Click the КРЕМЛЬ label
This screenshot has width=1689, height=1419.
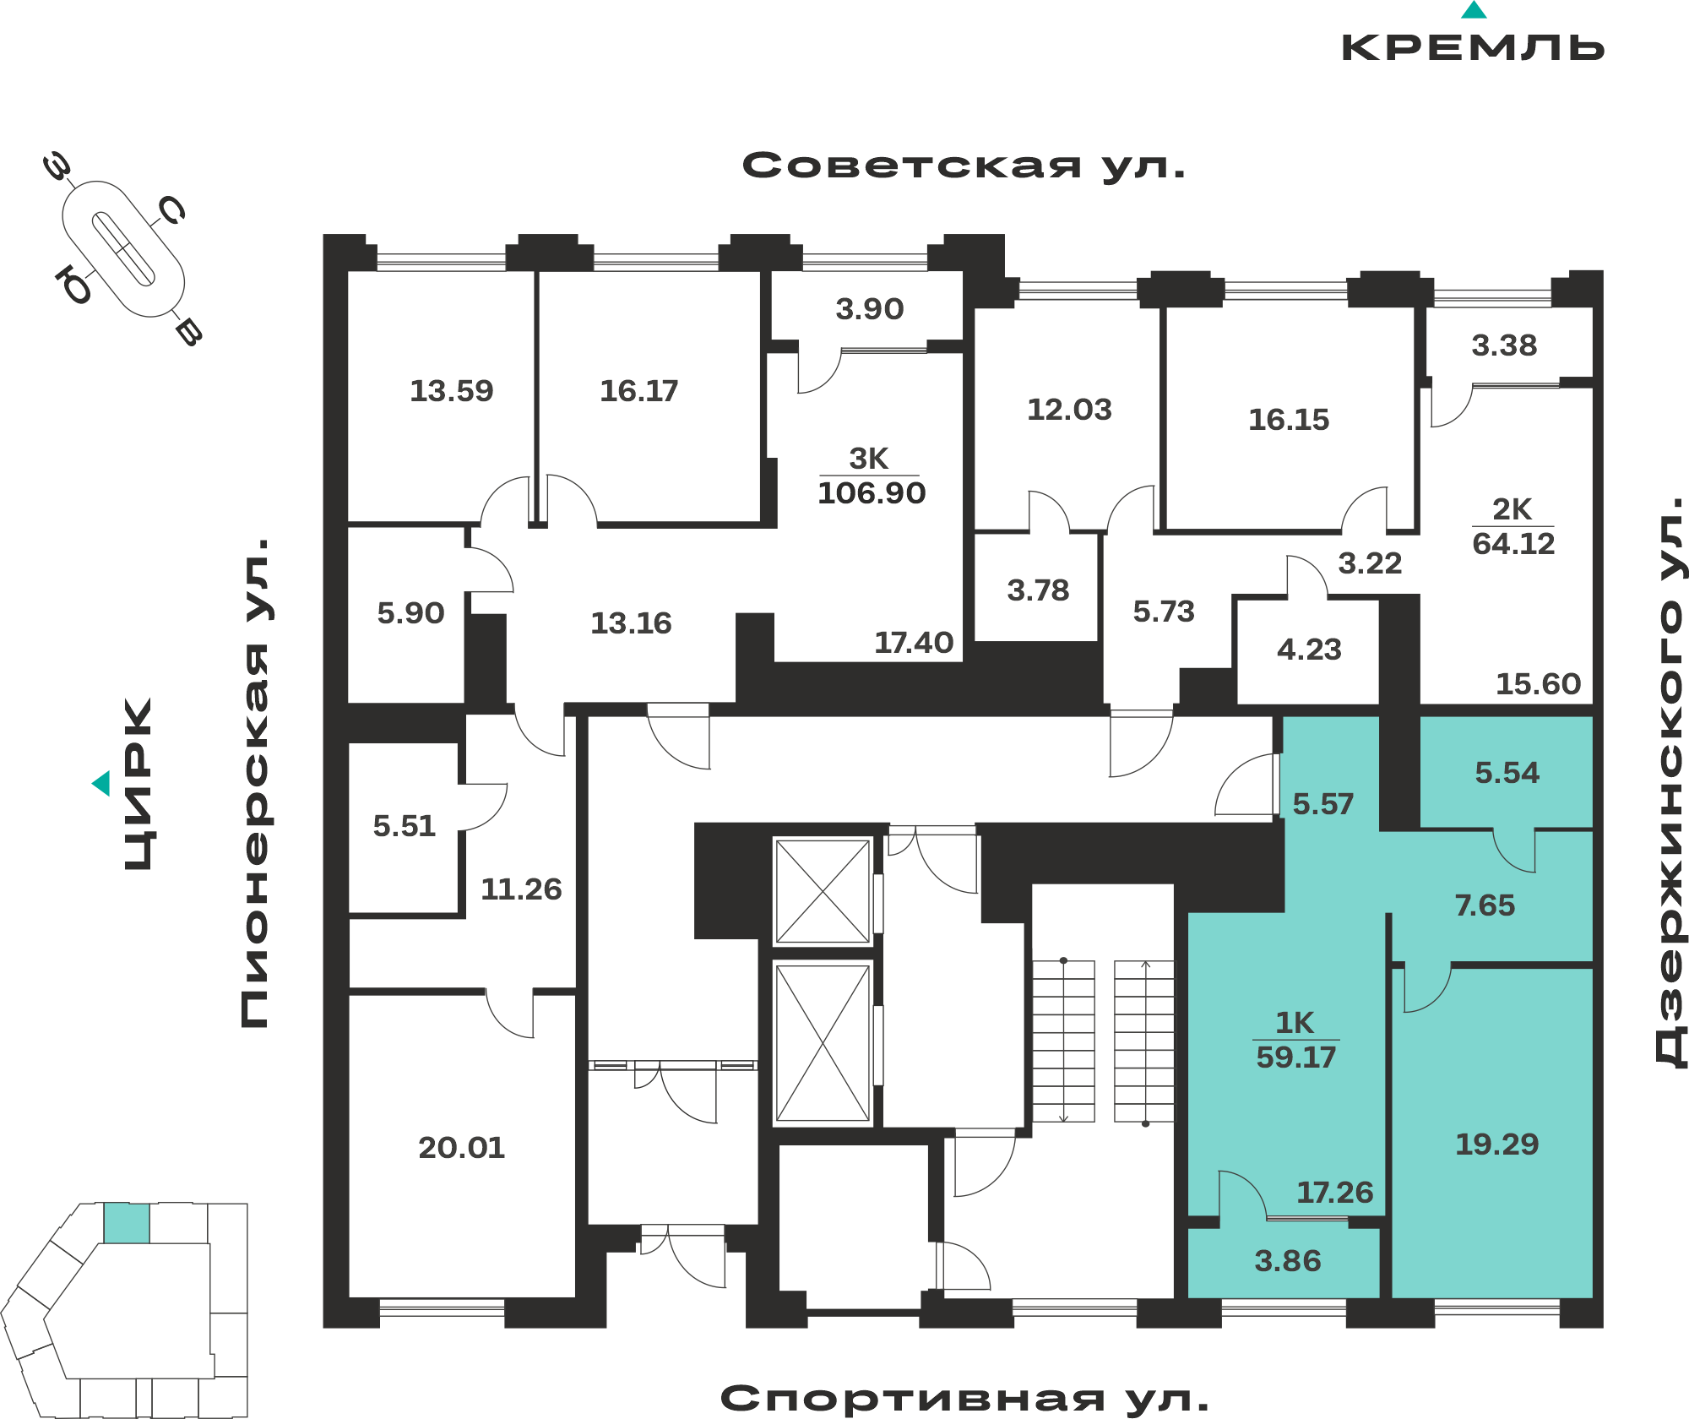coord(1473,47)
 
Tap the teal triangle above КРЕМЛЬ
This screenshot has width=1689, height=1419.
coord(1474,10)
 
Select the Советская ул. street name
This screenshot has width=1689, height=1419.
coord(964,166)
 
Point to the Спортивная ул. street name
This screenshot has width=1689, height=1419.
coord(964,1399)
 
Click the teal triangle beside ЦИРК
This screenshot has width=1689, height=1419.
coord(101,784)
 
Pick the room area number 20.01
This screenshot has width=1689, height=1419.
coord(462,1147)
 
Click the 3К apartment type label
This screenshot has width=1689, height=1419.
coord(869,459)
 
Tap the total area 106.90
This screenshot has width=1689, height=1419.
coord(872,492)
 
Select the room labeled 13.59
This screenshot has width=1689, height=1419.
coord(452,390)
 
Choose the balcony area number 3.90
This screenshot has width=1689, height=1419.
coord(870,308)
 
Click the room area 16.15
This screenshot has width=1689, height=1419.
coord(1289,419)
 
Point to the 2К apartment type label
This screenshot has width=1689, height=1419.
coord(1512,509)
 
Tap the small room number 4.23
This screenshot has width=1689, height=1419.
coord(1309,649)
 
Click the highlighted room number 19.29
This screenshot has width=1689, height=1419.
coord(1497,1144)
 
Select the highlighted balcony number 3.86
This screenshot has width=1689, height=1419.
coord(1288,1260)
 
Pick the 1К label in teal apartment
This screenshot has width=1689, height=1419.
coord(1295,1023)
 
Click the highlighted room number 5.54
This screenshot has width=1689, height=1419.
coord(1507,772)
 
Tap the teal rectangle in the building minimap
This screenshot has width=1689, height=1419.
coord(127,1223)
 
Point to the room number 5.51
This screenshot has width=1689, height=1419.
coord(405,825)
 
